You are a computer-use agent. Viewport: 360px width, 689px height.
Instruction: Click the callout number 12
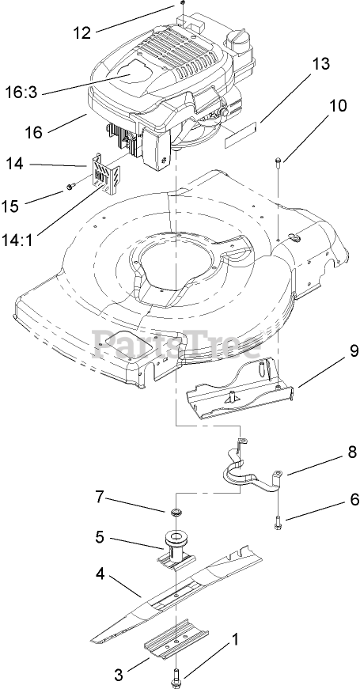point(81,32)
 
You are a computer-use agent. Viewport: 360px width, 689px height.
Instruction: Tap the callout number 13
point(321,64)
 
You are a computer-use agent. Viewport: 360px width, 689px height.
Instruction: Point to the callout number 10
point(338,105)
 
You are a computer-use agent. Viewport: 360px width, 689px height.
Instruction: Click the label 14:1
point(19,240)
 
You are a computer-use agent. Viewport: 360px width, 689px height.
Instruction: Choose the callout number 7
point(100,497)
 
